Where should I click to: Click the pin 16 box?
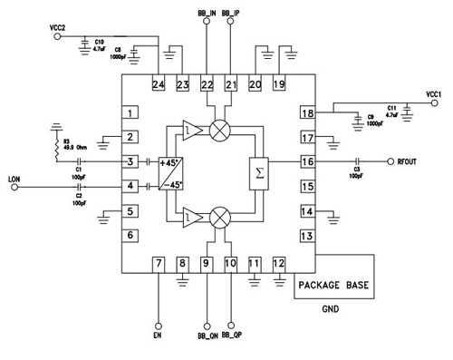pos(308,162)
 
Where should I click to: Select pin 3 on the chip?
pos(131,162)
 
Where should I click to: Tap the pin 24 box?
pos(159,85)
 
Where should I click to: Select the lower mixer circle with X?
pos(218,218)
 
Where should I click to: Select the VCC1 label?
pos(433,93)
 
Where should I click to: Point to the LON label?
pos(13,178)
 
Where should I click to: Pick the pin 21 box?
pos(231,85)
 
